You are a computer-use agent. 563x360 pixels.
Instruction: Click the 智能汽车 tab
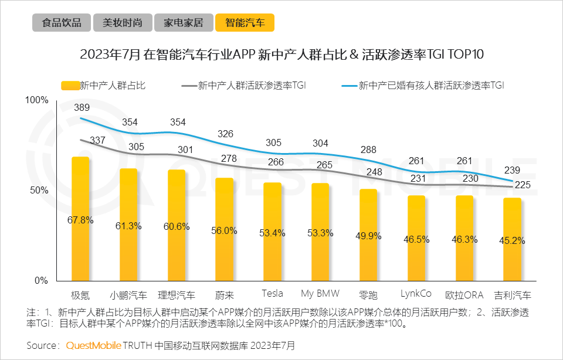point(245,23)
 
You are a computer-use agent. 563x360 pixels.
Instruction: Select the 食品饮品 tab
point(62,23)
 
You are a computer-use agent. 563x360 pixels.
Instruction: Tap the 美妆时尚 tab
point(122,23)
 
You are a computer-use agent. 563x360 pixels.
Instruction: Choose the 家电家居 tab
point(184,23)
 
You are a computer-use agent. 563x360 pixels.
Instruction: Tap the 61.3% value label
point(128,226)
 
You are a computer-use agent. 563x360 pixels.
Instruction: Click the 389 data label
point(82,107)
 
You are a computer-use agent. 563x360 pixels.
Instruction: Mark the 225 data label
point(523,185)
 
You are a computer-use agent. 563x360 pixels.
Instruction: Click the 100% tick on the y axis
point(37,100)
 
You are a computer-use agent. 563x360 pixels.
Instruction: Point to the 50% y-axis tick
point(39,191)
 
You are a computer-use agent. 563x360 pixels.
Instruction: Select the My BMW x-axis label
point(320,293)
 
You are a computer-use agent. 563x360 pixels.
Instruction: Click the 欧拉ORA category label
point(464,294)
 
